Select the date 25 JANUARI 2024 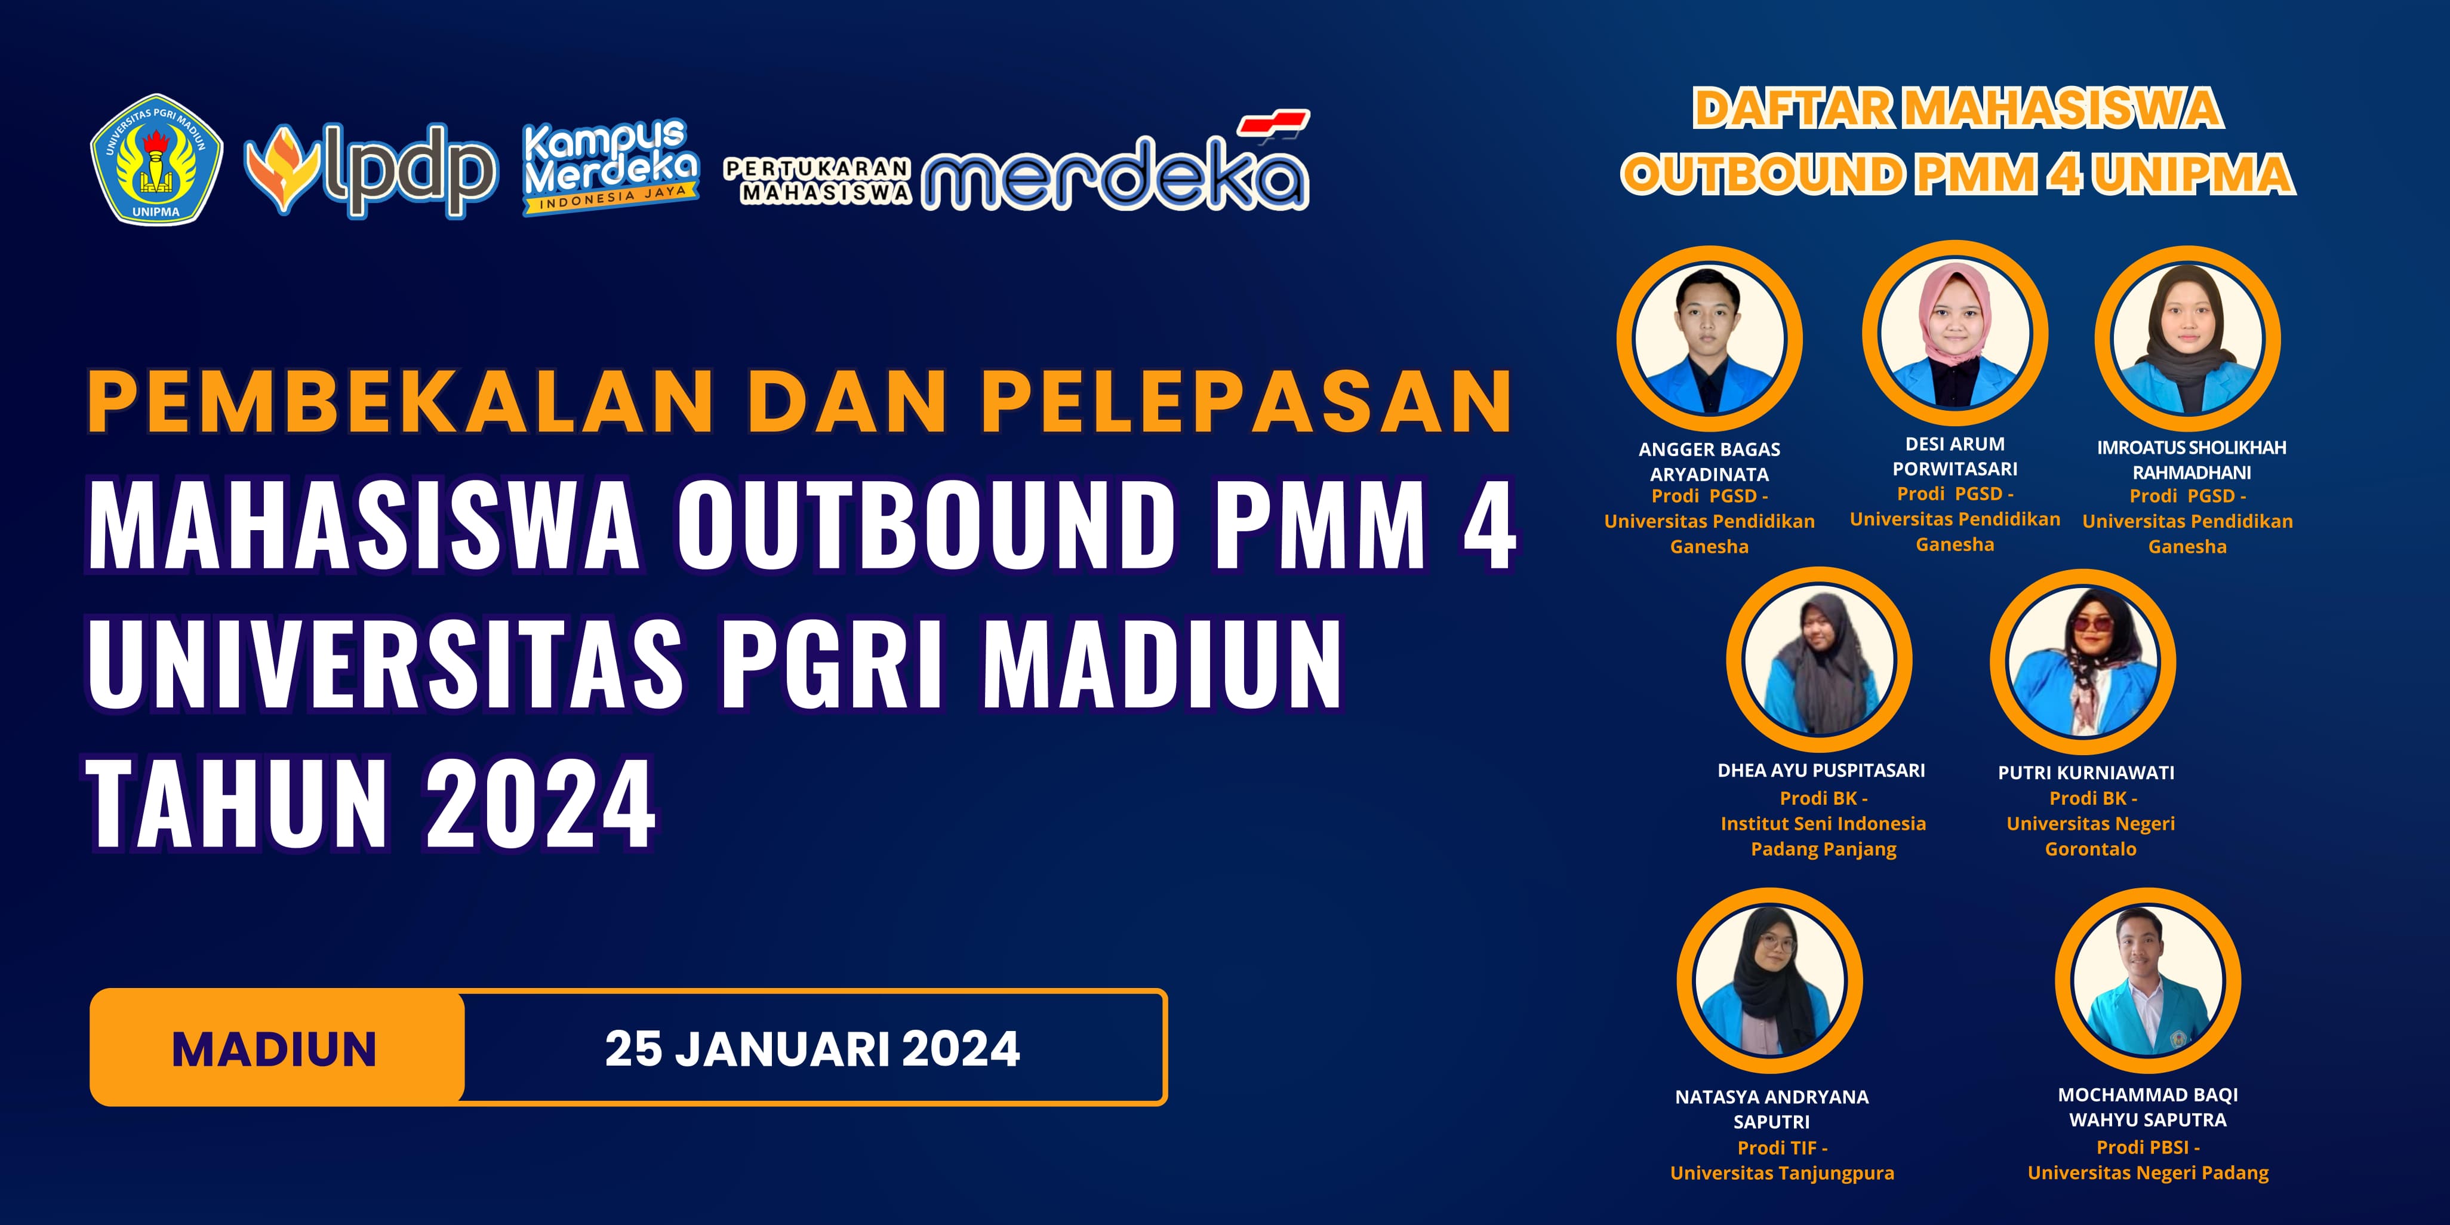point(812,1049)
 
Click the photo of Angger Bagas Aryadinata point(1709,338)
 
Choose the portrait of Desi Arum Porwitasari point(1955,334)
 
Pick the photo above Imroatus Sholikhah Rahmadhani point(2187,338)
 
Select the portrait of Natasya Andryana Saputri point(1769,981)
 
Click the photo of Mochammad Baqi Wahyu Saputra point(2147,981)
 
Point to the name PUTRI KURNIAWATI point(2086,772)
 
